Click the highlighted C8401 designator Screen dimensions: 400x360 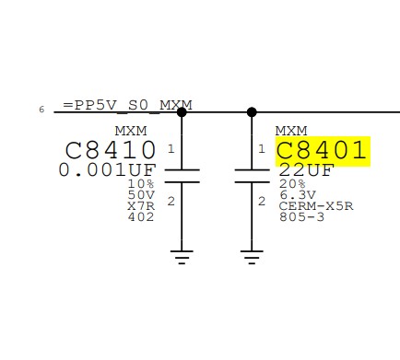pyautogui.click(x=322, y=150)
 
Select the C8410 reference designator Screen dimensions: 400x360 pyautogui.click(x=110, y=150)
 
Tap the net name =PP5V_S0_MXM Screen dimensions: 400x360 pyautogui.click(x=127, y=105)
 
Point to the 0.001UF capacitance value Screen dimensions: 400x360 pyautogui.click(x=107, y=170)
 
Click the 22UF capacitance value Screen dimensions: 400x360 pyautogui.click(x=306, y=170)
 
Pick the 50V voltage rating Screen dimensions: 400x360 pyautogui.click(x=141, y=194)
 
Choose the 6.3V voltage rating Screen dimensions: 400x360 pyautogui.click(x=298, y=194)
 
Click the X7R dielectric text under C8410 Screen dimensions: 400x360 pyautogui.click(x=141, y=205)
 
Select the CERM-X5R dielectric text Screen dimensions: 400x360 pyautogui.click(x=316, y=205)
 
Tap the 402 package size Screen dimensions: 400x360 pyautogui.click(x=141, y=217)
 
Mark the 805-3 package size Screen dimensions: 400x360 pyautogui.click(x=301, y=217)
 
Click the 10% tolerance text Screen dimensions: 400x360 pyautogui.click(x=141, y=183)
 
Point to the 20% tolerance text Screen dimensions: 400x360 pyautogui.click(x=292, y=183)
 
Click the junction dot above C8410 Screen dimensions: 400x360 pyautogui.click(x=182, y=112)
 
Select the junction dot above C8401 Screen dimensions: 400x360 pyautogui.click(x=252, y=112)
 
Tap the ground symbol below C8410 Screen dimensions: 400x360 pyautogui.click(x=182, y=257)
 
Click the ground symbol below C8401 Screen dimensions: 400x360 pyautogui.click(x=252, y=257)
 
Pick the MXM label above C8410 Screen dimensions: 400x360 pyautogui.click(x=131, y=131)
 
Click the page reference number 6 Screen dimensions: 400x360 pyautogui.click(x=41, y=110)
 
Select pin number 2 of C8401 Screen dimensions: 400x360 pyautogui.click(x=262, y=202)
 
